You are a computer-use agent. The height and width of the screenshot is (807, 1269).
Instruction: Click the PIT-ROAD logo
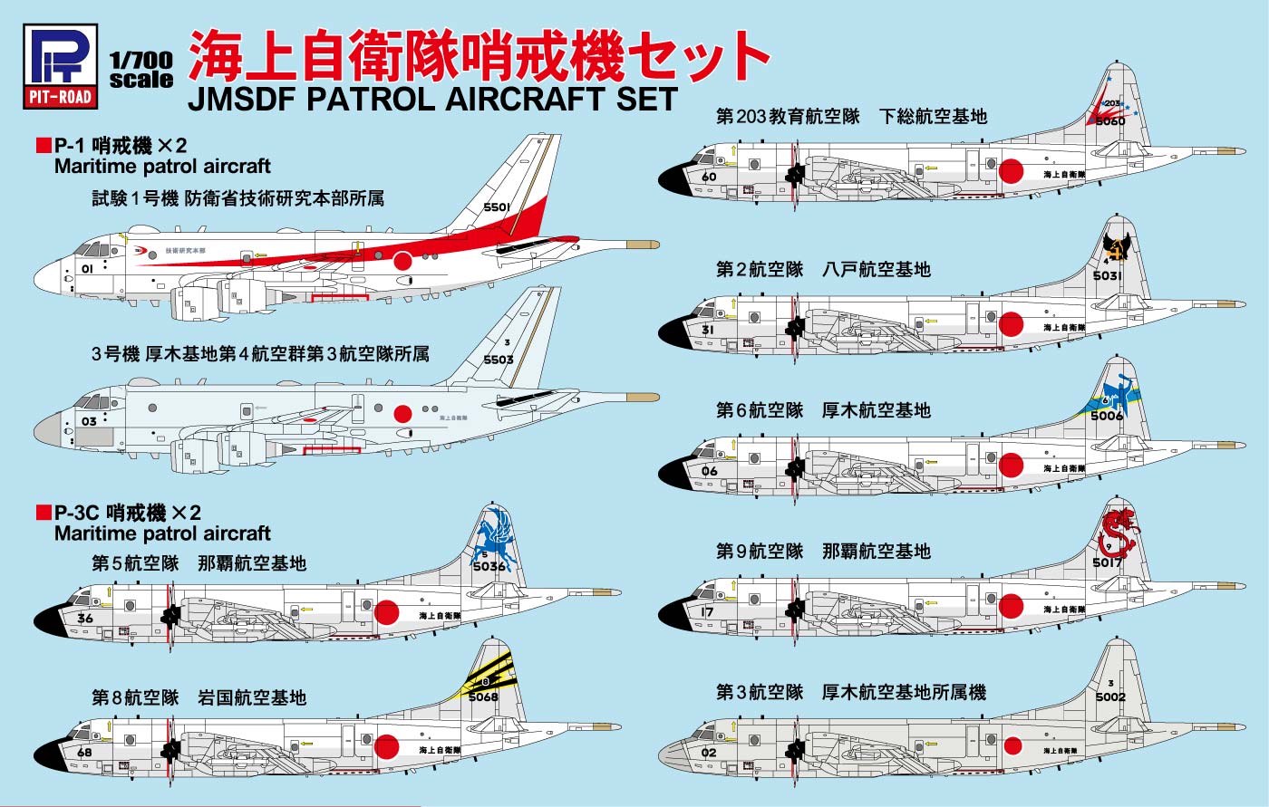59,65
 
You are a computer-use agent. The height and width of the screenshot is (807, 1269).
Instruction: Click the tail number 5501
497,207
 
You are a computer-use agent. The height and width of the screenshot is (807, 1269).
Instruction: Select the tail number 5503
499,360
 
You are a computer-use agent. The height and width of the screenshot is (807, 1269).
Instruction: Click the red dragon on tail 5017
1116,533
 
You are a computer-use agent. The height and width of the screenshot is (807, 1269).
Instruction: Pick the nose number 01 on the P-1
87,269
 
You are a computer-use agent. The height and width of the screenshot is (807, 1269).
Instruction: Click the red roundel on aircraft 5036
387,612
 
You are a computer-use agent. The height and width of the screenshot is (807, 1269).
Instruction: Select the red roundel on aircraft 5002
1012,746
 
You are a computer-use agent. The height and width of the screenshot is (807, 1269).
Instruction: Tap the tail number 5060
1109,120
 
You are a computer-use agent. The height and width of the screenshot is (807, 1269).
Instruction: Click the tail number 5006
1107,416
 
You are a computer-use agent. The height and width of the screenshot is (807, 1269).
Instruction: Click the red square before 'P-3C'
43,513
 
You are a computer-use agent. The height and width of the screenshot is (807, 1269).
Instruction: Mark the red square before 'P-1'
43,145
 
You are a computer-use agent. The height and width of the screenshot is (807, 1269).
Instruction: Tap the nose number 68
85,752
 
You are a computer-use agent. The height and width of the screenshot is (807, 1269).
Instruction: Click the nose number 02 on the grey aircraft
709,752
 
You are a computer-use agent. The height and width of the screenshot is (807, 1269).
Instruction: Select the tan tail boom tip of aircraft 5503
642,398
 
